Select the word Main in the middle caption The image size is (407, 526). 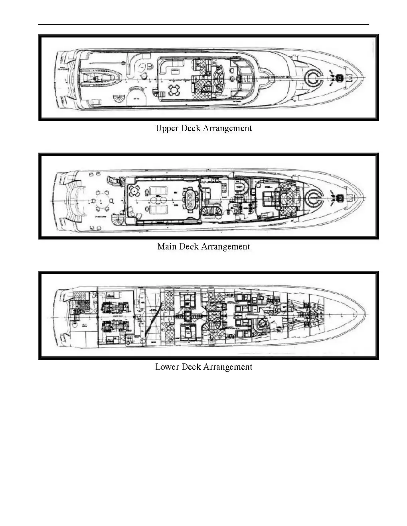(x=167, y=247)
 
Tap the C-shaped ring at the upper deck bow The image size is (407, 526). (x=313, y=78)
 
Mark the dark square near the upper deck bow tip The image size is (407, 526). (x=340, y=78)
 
